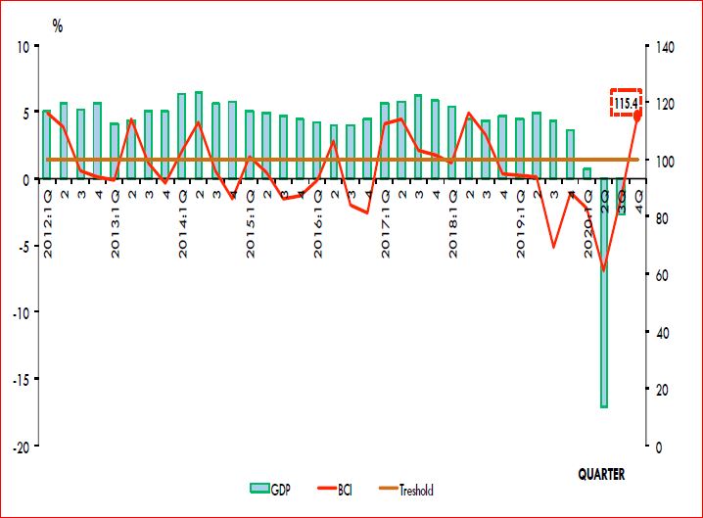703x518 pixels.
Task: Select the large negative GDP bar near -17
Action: [604, 293]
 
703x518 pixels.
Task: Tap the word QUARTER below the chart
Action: [600, 474]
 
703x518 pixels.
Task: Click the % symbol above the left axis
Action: [58, 26]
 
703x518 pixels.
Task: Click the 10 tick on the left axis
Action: [27, 45]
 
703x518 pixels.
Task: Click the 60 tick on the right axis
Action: [655, 274]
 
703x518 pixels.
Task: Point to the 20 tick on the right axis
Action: [655, 389]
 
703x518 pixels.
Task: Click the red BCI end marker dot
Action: [637, 116]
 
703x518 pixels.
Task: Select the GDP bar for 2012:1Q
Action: [47, 144]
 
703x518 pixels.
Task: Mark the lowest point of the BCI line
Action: [604, 270]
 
